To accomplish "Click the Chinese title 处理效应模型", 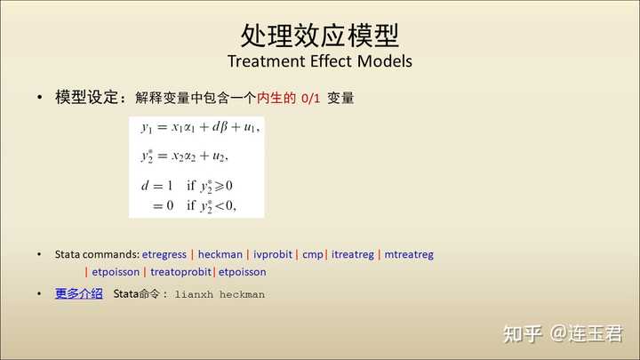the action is (x=320, y=36).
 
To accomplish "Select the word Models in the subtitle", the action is (x=385, y=61).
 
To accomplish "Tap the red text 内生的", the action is (x=276, y=98).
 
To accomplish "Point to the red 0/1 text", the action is (x=310, y=99).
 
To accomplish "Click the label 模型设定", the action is (x=86, y=98).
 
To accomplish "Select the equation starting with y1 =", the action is (x=200, y=128).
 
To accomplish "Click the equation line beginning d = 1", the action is (x=187, y=186).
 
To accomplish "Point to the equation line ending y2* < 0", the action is (x=194, y=205).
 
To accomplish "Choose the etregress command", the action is (x=164, y=254).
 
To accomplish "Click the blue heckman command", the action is (x=220, y=254).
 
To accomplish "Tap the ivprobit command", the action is (x=273, y=254).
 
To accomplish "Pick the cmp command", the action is (x=313, y=255).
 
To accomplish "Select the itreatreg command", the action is (x=353, y=254).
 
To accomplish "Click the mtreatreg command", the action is (x=409, y=254).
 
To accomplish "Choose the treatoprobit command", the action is (x=180, y=272).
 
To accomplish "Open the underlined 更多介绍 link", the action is (x=79, y=293).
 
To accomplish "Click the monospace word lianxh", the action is (x=194, y=294).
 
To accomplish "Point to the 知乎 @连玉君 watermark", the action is (x=563, y=333).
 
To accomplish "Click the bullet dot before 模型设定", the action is (x=40, y=97).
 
